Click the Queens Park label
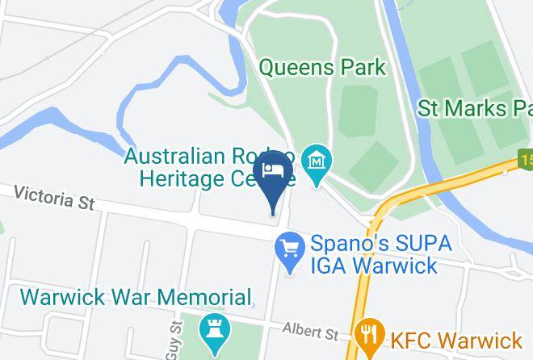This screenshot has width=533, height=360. (x=322, y=67)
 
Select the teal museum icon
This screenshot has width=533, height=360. (x=317, y=160)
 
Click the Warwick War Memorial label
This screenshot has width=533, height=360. (x=135, y=297)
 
